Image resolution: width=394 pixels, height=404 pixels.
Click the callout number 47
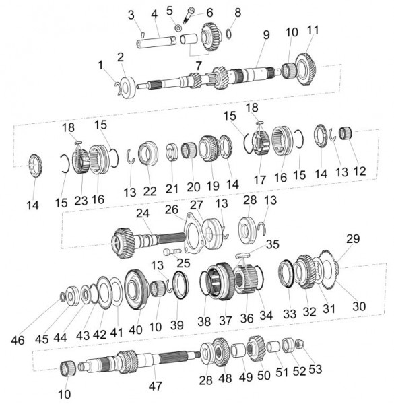pyautogui.click(x=155, y=386)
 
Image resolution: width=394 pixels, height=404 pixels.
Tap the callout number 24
pyautogui.click(x=143, y=213)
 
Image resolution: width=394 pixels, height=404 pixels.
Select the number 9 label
pyautogui.click(x=266, y=35)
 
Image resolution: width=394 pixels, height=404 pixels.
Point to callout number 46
pyautogui.click(x=18, y=340)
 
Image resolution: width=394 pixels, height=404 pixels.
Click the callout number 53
pyautogui.click(x=315, y=369)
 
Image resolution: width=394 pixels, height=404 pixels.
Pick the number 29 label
pyautogui.click(x=353, y=239)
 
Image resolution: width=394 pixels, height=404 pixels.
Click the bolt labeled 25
pyautogui.click(x=172, y=251)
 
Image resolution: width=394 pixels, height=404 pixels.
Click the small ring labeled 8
pyautogui.click(x=228, y=34)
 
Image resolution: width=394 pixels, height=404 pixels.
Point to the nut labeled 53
pyautogui.click(x=300, y=343)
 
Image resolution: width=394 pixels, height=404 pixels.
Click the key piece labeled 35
pyautogui.click(x=243, y=255)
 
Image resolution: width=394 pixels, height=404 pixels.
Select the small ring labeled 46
pyautogui.click(x=62, y=296)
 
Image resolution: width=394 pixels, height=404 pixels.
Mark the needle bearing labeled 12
pyautogui.click(x=346, y=133)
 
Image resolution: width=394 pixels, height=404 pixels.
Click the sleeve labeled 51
pyautogui.click(x=273, y=347)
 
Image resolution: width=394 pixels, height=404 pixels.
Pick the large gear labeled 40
pyautogui.click(x=136, y=290)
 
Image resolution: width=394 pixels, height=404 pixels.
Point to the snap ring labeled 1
pyautogui.click(x=118, y=88)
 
